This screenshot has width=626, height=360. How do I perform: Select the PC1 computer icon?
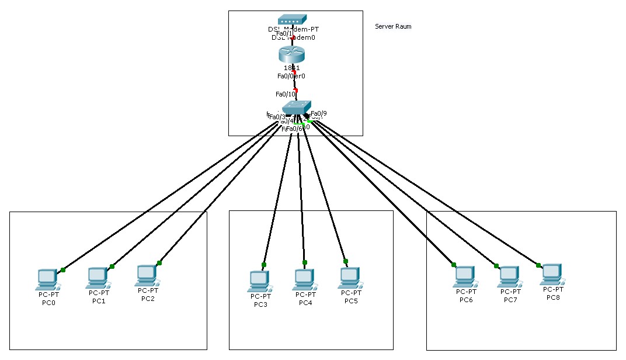tap(98, 277)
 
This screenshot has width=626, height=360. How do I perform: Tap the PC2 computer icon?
tap(147, 275)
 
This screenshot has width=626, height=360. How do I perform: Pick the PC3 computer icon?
tap(259, 281)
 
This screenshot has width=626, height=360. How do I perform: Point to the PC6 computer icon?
tap(465, 276)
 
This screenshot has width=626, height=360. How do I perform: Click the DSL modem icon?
tap(292, 20)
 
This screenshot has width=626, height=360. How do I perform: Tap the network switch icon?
tap(297, 108)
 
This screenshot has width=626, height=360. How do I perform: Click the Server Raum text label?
tap(393, 26)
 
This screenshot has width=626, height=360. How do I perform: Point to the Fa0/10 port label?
tap(286, 94)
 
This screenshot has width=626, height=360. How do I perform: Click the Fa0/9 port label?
tap(319, 113)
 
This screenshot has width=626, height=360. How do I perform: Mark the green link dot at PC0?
tap(63, 269)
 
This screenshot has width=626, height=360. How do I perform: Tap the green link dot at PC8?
tap(538, 265)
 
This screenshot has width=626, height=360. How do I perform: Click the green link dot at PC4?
tap(304, 262)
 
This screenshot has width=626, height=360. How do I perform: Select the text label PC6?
tap(466, 300)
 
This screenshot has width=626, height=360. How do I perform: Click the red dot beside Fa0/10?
tap(295, 90)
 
